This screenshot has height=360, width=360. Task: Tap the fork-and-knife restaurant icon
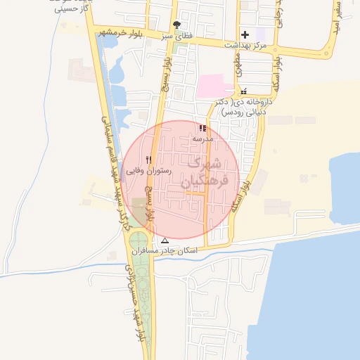click(x=148, y=160)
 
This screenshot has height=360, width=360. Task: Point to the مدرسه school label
click(x=202, y=139)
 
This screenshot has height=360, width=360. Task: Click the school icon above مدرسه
click(x=202, y=129)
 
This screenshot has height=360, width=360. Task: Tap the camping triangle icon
click(x=165, y=240)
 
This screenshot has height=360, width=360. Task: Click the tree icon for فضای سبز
click(x=176, y=25)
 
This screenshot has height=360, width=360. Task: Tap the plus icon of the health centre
click(x=245, y=34)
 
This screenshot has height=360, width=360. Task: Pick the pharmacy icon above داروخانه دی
click(x=243, y=92)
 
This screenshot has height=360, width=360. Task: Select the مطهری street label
click(x=239, y=69)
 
